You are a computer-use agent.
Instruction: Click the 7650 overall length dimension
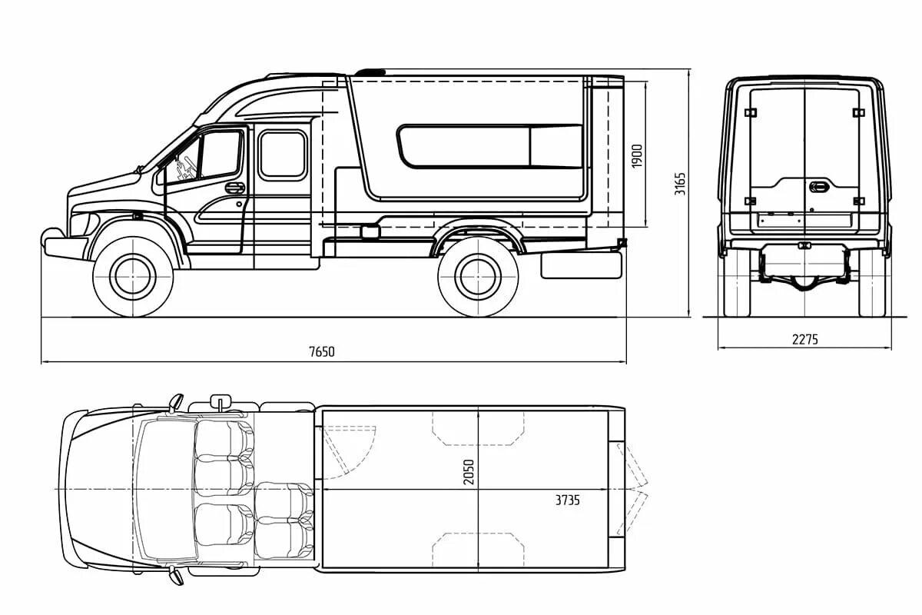pyautogui.click(x=321, y=352)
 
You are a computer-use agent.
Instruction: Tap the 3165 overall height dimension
pyautogui.click(x=679, y=184)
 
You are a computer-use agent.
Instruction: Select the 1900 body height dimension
pyautogui.click(x=637, y=156)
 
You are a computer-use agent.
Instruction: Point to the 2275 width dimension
pyautogui.click(x=804, y=340)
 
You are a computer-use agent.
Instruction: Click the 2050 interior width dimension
pyautogui.click(x=469, y=472)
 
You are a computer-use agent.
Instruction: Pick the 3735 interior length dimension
pyautogui.click(x=567, y=500)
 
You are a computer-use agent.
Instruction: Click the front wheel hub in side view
pyautogui.click(x=133, y=277)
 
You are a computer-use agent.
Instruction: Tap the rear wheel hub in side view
pyautogui.click(x=478, y=277)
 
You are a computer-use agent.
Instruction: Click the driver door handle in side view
pyautogui.click(x=234, y=188)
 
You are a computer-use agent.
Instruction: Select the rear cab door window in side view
pyautogui.click(x=284, y=155)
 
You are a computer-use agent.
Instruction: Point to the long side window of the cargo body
pyautogui.click(x=490, y=146)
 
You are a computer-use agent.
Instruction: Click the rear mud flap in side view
pyautogui.click(x=581, y=266)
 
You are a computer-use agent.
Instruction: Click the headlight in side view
pyautogui.click(x=85, y=224)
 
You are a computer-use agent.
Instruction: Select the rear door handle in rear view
pyautogui.click(x=818, y=187)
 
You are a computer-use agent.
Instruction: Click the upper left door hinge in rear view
pyautogui.click(x=751, y=112)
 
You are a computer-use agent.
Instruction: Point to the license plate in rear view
pyautogui.click(x=804, y=221)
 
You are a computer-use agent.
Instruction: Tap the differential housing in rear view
pyautogui.click(x=804, y=282)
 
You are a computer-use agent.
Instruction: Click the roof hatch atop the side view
pyautogui.click(x=370, y=72)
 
